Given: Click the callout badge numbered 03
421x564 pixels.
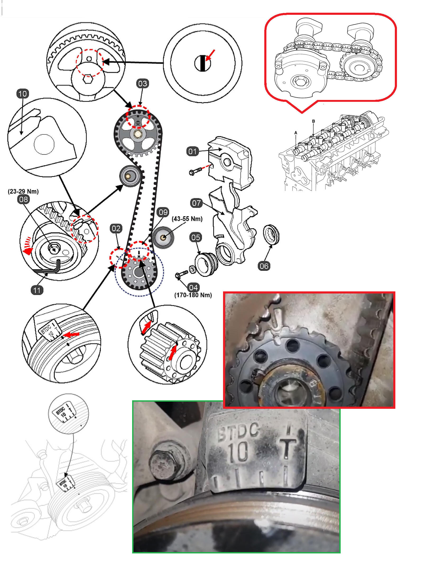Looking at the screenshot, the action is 142,84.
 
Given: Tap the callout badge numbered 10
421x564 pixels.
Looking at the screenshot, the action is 22,94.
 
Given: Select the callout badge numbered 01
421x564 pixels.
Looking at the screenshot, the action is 192,152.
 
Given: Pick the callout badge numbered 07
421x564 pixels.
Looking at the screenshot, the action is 196,203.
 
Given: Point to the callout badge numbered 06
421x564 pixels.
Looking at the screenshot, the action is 264,266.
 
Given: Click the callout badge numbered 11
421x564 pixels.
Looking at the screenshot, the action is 37,290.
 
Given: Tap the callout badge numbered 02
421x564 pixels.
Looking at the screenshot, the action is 116,228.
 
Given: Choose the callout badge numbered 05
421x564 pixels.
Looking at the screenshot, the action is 196,237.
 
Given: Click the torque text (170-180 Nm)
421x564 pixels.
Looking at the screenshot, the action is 193,295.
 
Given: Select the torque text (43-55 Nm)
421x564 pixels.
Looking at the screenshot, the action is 187,219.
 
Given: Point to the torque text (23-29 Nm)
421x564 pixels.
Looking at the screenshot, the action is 23,191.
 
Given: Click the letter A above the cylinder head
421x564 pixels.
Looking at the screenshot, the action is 296,132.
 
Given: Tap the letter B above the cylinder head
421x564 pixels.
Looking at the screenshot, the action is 313,121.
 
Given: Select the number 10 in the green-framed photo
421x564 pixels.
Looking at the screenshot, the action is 238,452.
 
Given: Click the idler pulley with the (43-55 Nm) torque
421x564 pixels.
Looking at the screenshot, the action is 163,237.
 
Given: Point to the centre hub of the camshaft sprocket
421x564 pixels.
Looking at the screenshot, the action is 137,134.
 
